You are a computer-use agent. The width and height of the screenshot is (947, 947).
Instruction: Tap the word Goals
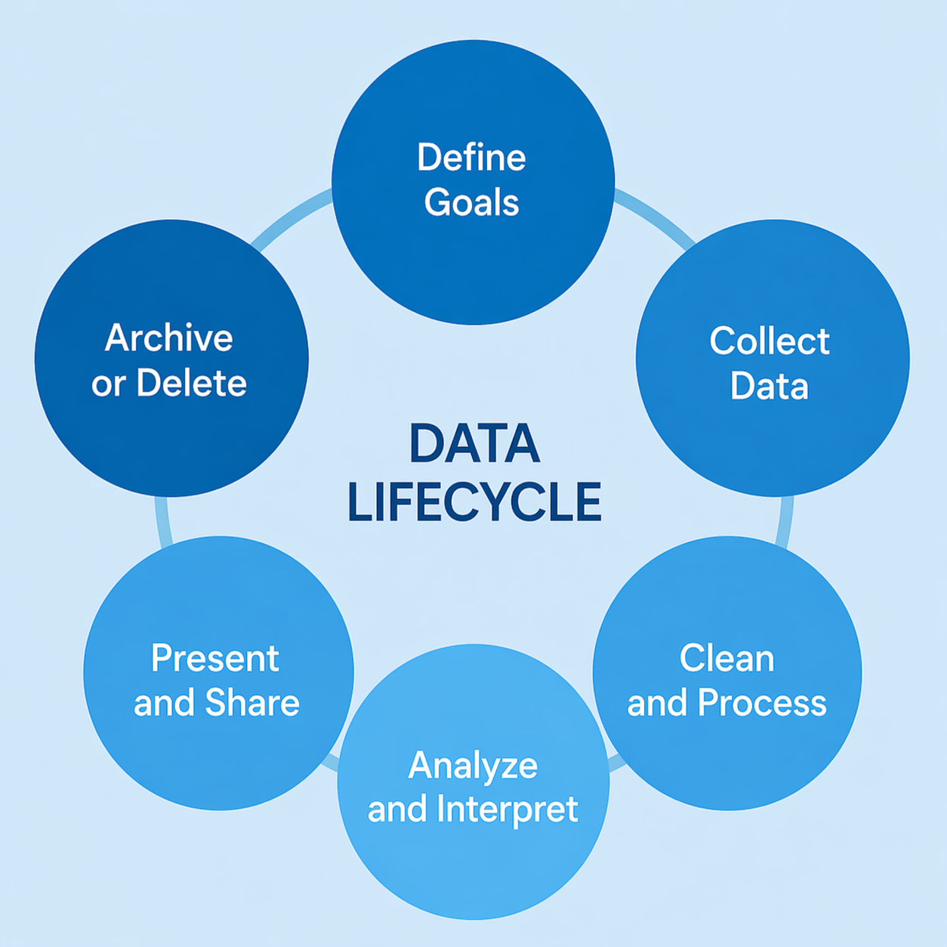click(x=471, y=202)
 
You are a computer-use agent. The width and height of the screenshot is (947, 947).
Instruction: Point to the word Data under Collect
click(x=770, y=385)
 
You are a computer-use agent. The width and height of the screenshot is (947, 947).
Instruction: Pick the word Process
click(x=762, y=703)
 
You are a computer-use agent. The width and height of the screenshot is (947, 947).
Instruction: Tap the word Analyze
click(x=473, y=765)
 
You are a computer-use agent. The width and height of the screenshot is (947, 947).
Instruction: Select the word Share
click(x=252, y=703)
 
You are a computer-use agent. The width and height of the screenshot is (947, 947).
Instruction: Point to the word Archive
click(x=168, y=338)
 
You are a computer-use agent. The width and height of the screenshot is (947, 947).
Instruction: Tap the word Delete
click(x=191, y=383)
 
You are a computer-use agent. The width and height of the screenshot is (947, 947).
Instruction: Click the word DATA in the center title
click(x=474, y=444)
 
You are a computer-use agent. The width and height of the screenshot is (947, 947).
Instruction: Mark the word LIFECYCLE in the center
click(x=474, y=501)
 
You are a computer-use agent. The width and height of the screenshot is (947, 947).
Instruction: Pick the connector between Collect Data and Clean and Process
click(x=785, y=522)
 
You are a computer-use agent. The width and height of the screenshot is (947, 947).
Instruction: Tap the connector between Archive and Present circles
click(x=162, y=522)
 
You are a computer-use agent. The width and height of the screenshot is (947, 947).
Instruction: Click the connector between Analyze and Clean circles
click(x=617, y=761)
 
